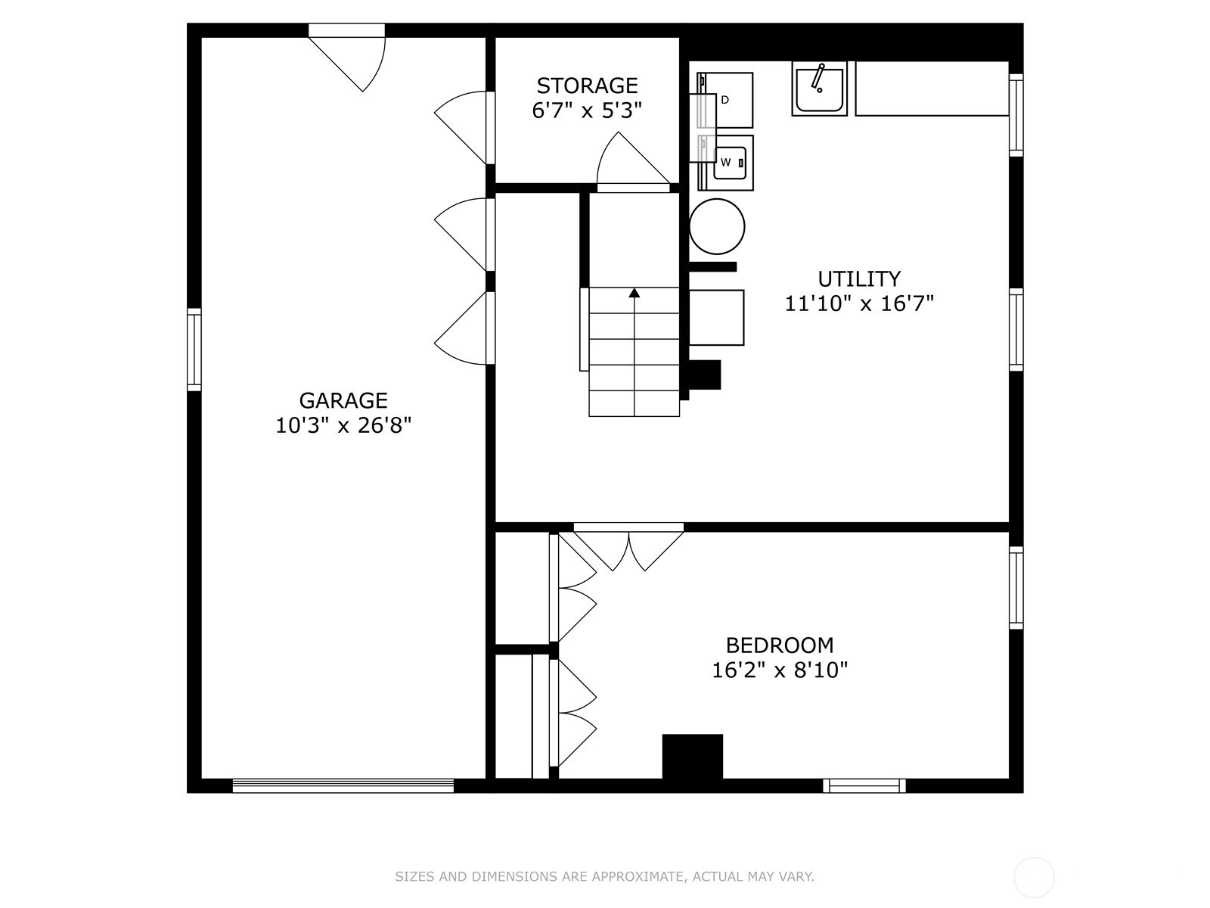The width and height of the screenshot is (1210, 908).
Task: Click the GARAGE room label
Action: coord(343,400)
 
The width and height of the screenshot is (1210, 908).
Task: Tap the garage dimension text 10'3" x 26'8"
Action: coord(343,425)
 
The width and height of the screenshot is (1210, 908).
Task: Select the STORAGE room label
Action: coord(587,86)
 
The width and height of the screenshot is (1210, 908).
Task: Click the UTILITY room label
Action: coord(859,278)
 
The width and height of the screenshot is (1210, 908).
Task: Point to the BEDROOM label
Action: coord(780,645)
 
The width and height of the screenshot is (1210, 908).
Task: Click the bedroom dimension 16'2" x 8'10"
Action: coord(780,670)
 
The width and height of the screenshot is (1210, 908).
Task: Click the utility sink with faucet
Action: coord(819,89)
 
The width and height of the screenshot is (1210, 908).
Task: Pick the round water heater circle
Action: coord(717,226)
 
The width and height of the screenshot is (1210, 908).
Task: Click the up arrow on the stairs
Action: coord(634,293)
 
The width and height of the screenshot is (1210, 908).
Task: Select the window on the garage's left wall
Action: coord(194,350)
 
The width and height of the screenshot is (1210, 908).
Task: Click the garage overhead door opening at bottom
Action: coord(343,786)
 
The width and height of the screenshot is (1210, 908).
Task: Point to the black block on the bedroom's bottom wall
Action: coord(692,756)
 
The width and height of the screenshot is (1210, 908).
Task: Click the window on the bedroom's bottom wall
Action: coord(864,786)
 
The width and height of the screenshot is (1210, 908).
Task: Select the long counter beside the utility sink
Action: coord(932,89)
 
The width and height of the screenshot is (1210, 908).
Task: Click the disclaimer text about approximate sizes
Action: coord(604,877)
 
